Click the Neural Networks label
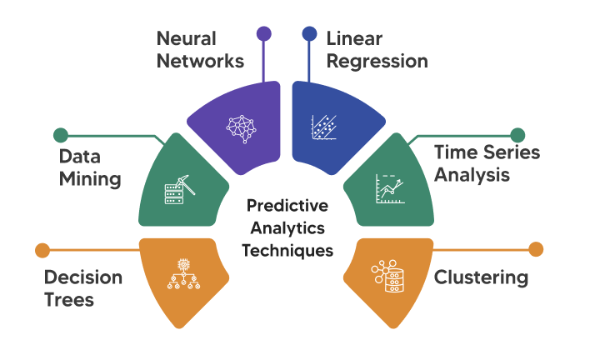(200, 50)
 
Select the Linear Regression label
(377, 50)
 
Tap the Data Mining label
(90, 167)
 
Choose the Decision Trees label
(82, 288)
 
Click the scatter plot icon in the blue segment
(323, 127)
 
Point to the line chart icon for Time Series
(390, 191)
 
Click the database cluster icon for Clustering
(385, 274)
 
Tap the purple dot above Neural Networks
(264, 34)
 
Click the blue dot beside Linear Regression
(309, 34)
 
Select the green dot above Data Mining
(60, 134)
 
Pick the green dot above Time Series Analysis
(517, 134)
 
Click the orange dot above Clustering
(536, 249)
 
